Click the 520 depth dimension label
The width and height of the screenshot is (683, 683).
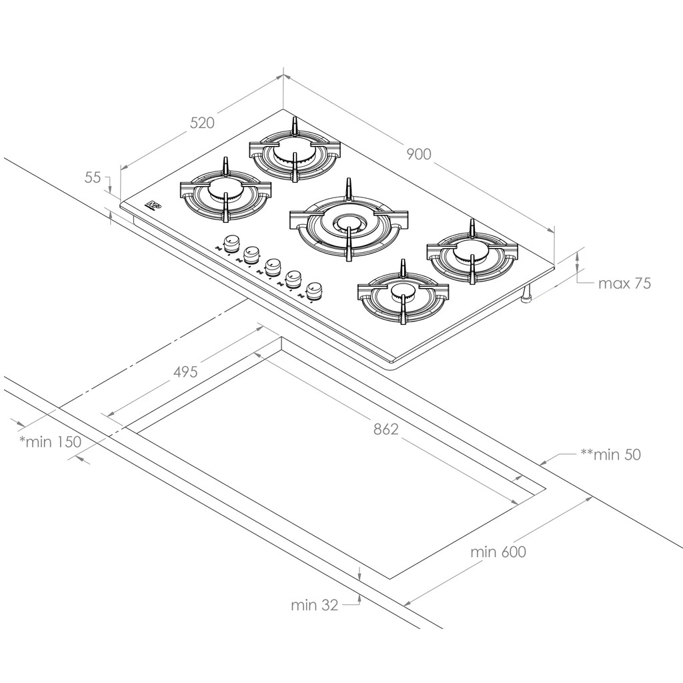click(202, 123)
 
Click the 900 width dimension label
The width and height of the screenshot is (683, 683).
click(419, 154)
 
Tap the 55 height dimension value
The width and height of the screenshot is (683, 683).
click(93, 177)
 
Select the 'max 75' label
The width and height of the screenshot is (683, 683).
click(624, 283)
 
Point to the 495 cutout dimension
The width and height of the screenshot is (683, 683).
click(185, 372)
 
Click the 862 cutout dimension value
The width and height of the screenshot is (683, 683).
click(386, 430)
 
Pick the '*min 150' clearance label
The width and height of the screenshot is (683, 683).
click(51, 442)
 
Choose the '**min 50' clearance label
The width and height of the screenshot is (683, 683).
click(611, 455)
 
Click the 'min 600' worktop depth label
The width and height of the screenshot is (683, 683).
click(498, 552)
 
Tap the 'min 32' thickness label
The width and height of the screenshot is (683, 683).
click(315, 605)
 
